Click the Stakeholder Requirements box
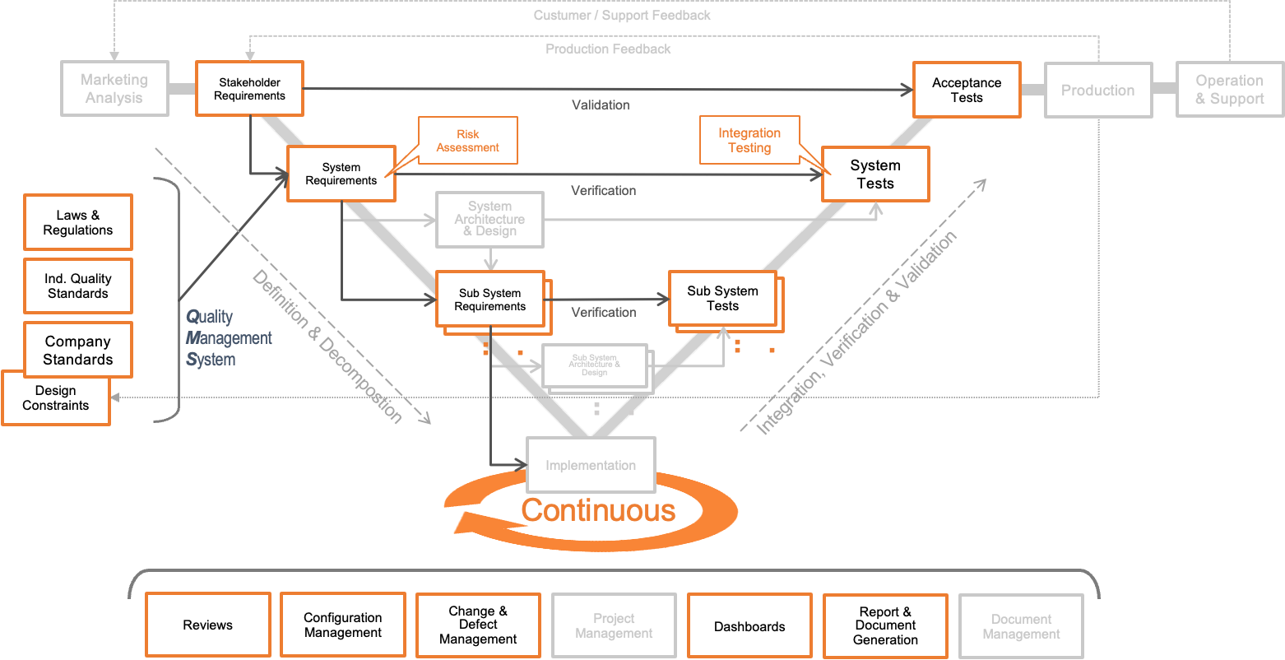[x=249, y=89]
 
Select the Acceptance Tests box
[x=967, y=90]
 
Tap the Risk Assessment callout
[x=468, y=141]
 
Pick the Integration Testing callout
[x=749, y=140]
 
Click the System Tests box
[x=875, y=174]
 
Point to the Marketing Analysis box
[x=114, y=88]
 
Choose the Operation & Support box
[x=1229, y=90]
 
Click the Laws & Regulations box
[x=78, y=222]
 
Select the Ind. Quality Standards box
[x=78, y=286]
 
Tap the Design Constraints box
[x=56, y=398]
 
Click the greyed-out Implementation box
[x=591, y=465]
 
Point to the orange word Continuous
[x=598, y=510]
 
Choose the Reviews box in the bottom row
[x=208, y=625]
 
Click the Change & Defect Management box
[x=478, y=625]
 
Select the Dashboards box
[x=749, y=626]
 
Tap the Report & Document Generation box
[x=885, y=626]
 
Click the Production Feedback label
[x=608, y=49]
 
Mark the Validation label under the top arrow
[x=601, y=105]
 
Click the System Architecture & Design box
[x=489, y=219]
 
